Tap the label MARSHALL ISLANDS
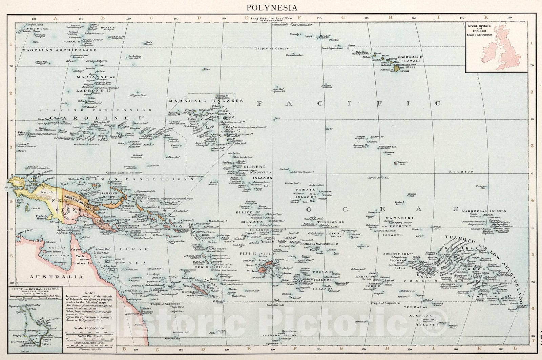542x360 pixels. [206, 101]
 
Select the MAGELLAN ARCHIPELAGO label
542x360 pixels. [59, 50]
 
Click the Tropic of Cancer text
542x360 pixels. [272, 48]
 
